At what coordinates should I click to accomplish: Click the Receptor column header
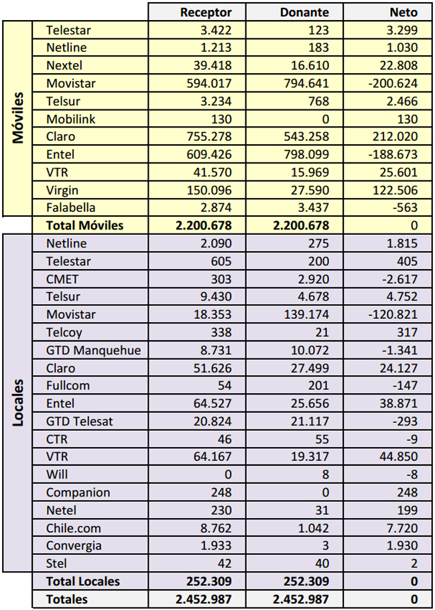click(206, 12)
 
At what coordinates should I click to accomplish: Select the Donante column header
click(304, 12)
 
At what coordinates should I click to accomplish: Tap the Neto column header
click(403, 12)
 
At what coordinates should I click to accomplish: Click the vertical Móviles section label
click(18, 118)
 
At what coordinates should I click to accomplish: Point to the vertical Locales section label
click(18, 402)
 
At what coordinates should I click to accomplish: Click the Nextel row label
click(64, 65)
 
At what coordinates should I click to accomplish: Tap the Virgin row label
click(62, 190)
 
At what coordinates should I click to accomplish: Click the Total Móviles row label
click(84, 225)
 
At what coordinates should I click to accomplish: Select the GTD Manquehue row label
click(93, 350)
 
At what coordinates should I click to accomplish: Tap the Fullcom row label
click(68, 386)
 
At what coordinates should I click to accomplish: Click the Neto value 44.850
click(399, 457)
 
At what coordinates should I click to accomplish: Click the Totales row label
click(67, 599)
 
